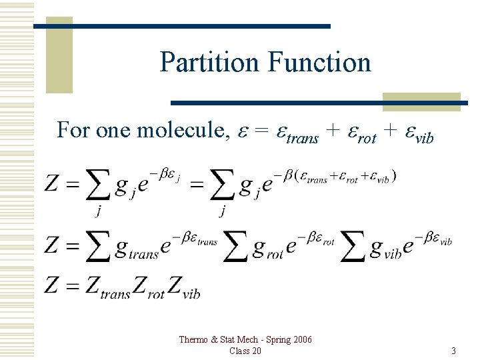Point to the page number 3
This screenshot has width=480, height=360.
pyautogui.click(x=453, y=351)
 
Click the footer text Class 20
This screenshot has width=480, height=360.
pyautogui.click(x=245, y=351)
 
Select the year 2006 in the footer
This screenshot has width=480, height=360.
pyautogui.click(x=301, y=340)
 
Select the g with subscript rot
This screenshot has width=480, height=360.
pyautogui.click(x=261, y=248)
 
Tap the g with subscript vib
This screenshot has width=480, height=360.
pyautogui.click(x=377, y=248)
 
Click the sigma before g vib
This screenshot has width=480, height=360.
pyautogui.click(x=353, y=247)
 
